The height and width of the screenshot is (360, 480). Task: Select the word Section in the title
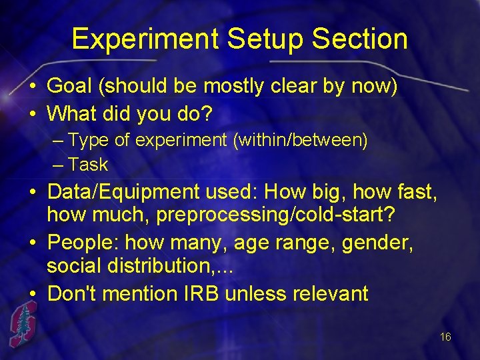tap(361, 39)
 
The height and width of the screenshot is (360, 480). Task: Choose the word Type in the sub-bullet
tap(85, 141)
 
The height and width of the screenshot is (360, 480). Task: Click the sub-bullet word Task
tap(88, 165)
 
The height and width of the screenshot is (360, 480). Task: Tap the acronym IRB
tap(199, 293)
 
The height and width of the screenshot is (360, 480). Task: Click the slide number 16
tap(445, 337)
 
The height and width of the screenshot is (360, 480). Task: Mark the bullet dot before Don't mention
tap(33, 293)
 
